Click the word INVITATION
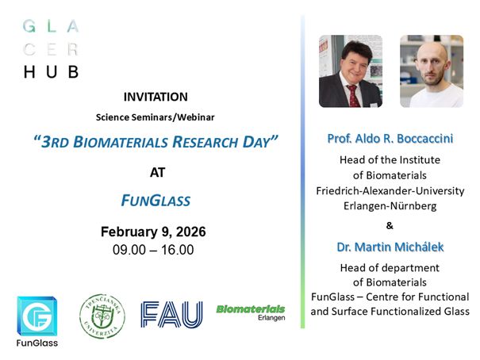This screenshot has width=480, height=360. click(156, 97)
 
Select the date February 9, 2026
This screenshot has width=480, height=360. click(153, 232)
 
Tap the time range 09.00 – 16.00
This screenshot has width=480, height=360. click(153, 249)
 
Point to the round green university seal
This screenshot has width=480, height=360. click(102, 316)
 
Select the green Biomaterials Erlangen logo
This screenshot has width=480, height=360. click(251, 311)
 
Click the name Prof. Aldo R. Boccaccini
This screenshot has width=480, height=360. click(390, 139)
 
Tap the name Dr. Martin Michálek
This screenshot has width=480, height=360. click(390, 247)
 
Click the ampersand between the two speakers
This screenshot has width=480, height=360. click(390, 226)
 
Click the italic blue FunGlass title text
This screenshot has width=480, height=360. click(156, 200)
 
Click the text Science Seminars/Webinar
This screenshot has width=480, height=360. click(156, 117)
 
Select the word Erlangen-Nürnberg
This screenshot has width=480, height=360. click(390, 205)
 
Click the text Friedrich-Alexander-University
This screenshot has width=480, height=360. click(390, 190)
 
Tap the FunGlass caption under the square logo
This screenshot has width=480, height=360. click(37, 343)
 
